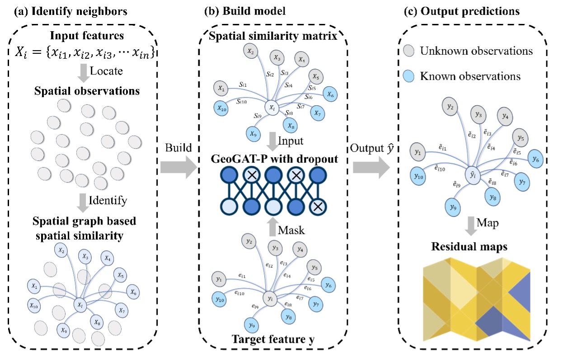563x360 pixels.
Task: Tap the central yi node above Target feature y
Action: click(270, 299)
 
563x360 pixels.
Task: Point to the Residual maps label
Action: click(470, 247)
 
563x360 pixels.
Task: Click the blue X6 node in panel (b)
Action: click(331, 95)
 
